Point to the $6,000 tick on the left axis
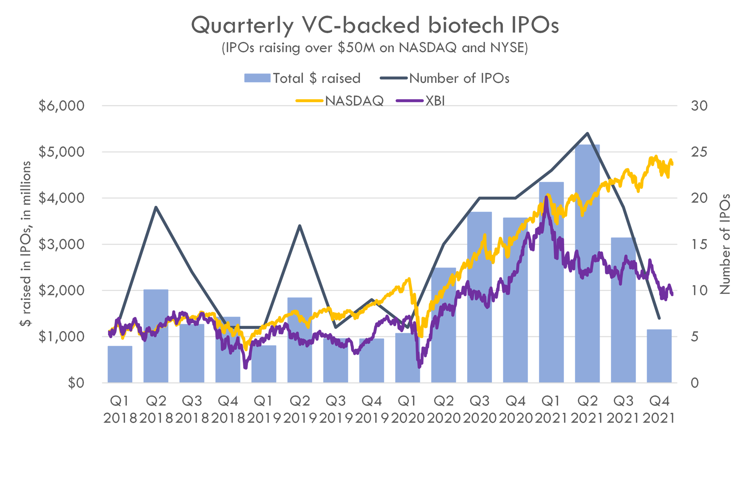(x=61, y=106)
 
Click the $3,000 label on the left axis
(x=61, y=244)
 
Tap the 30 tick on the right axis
(x=699, y=106)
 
